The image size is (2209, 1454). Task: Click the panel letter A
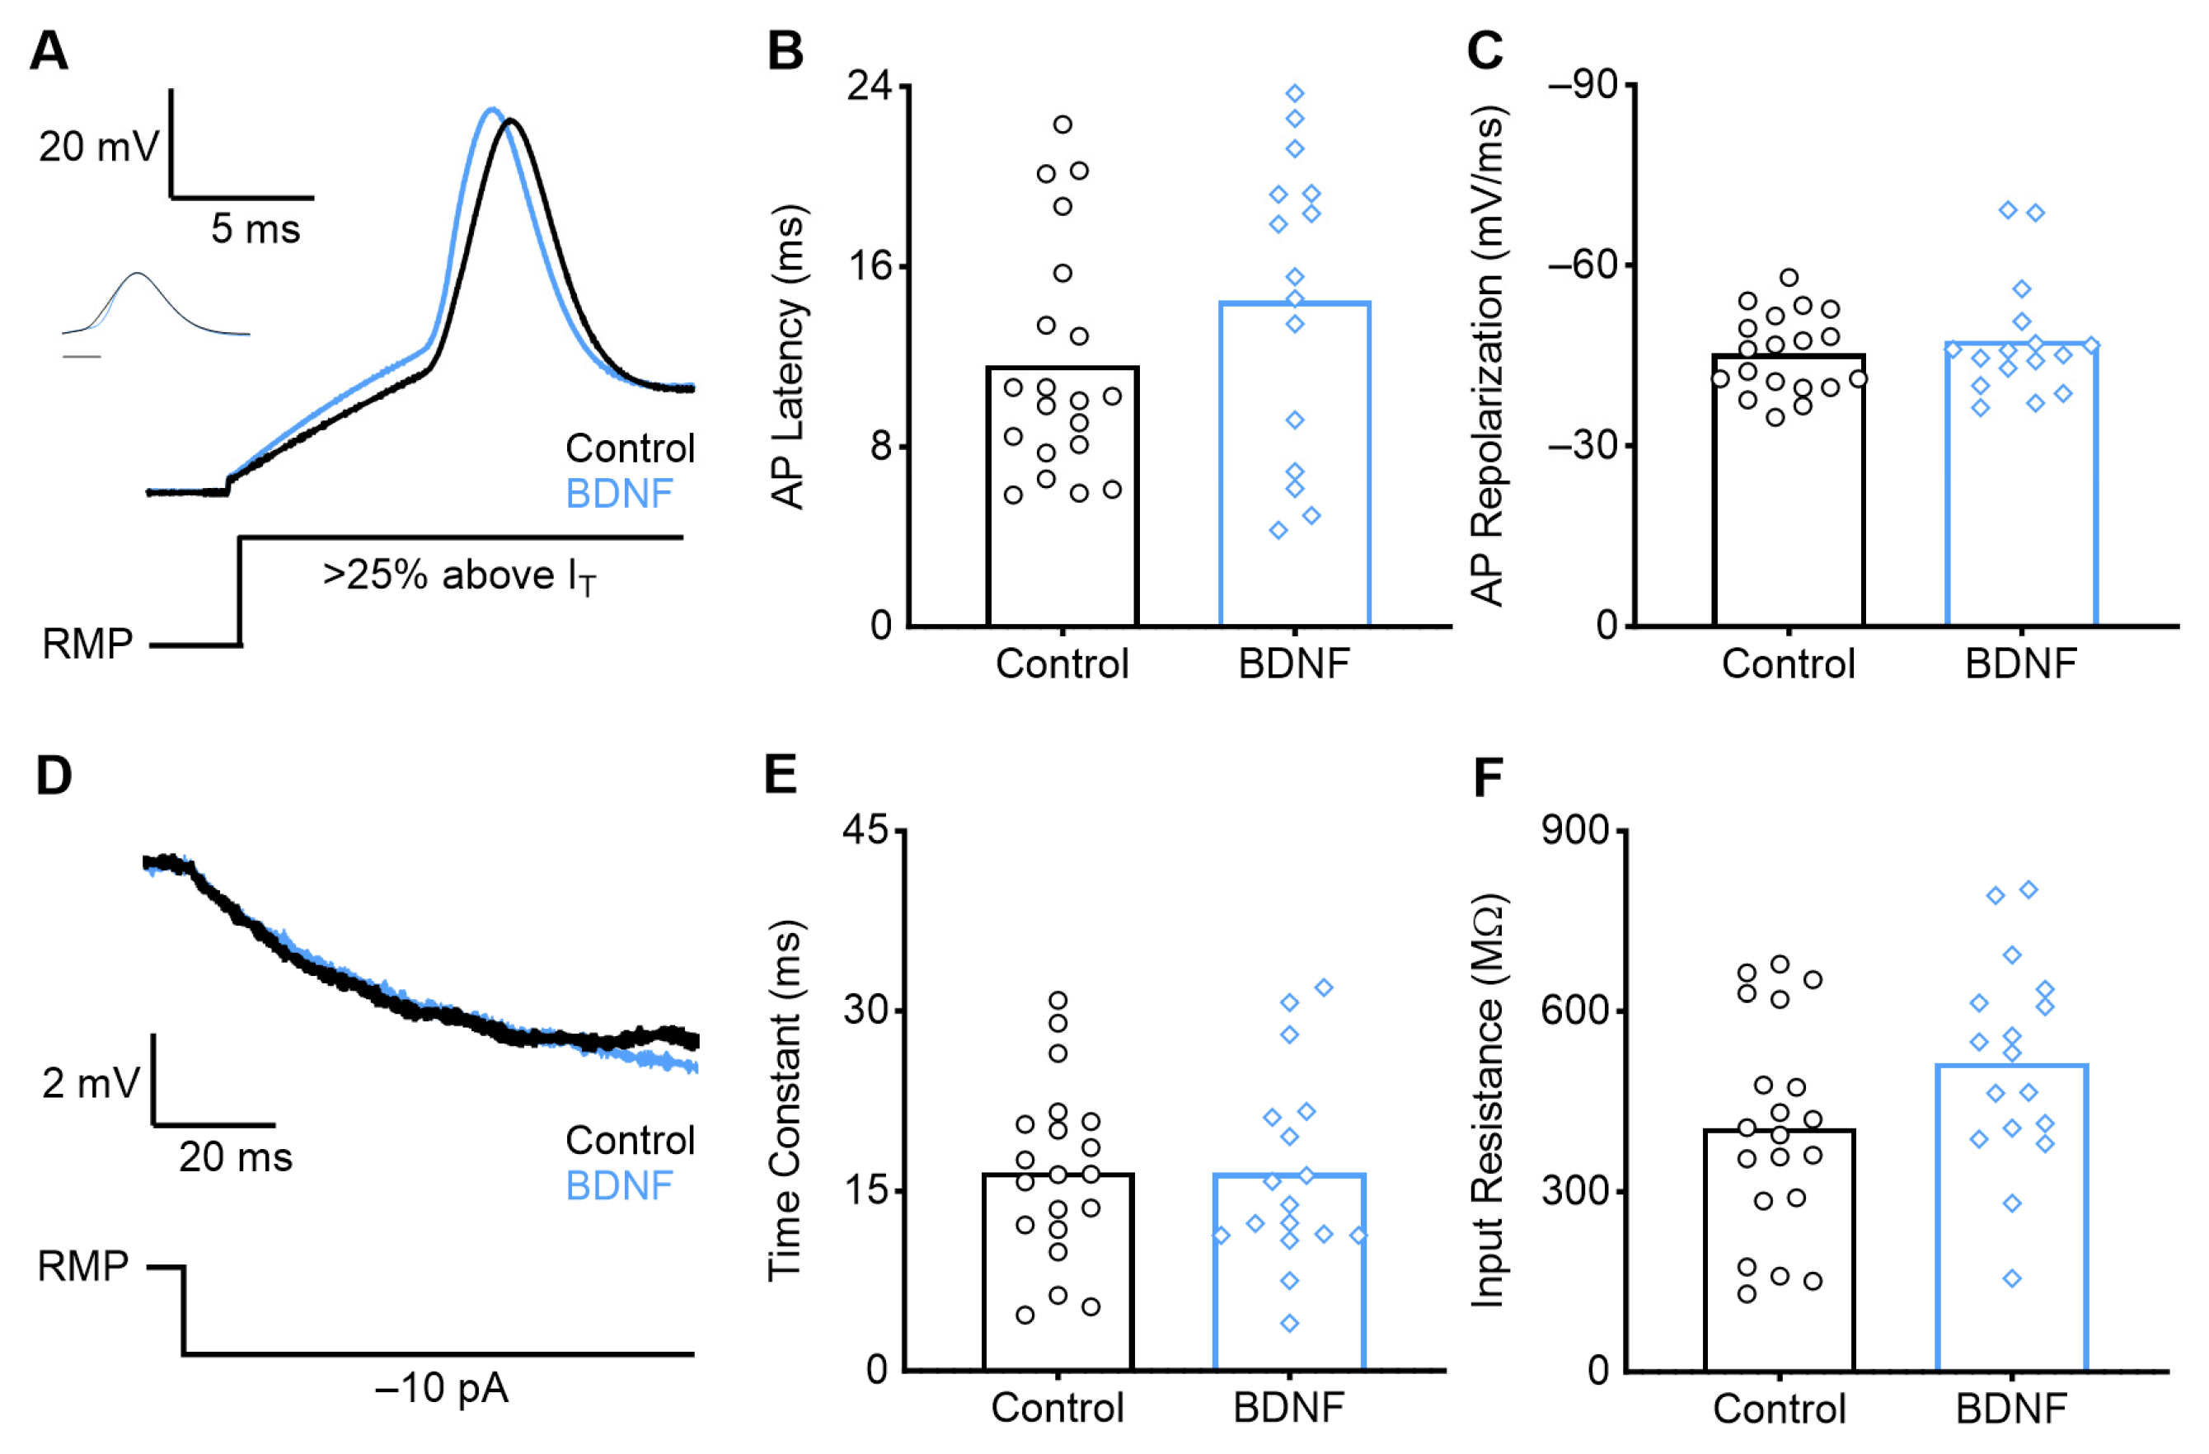point(49,51)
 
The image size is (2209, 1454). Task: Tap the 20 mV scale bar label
point(98,147)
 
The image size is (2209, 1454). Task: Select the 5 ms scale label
point(256,228)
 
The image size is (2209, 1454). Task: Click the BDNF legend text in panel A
point(619,494)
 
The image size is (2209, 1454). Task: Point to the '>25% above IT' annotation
point(459,576)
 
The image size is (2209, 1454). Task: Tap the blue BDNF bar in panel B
point(1294,464)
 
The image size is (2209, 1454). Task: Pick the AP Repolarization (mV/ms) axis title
point(1487,357)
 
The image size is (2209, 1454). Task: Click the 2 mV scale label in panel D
point(90,1083)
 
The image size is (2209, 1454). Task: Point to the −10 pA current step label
point(442,1388)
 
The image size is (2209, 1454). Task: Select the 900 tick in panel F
point(1575,829)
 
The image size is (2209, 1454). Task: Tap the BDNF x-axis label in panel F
point(2011,1409)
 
